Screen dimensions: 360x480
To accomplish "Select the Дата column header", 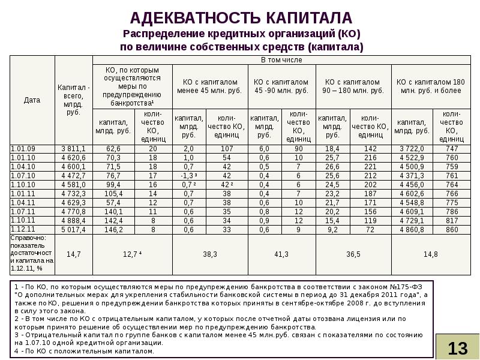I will [32, 100].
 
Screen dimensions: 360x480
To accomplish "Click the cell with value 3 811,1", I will [73, 148].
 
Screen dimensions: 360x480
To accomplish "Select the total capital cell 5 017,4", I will [73, 229].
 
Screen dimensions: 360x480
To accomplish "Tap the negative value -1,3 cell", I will [188, 175].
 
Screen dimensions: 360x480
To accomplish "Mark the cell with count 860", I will [451, 229].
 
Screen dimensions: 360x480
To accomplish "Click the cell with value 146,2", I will [113, 229].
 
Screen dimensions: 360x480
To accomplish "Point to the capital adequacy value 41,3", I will [281, 254].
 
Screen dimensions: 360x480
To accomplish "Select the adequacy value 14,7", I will [73, 254].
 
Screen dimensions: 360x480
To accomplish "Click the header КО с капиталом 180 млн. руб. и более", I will [430, 86].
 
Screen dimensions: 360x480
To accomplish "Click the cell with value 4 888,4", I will [73, 220].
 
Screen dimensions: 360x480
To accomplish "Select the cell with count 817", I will [451, 220].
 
